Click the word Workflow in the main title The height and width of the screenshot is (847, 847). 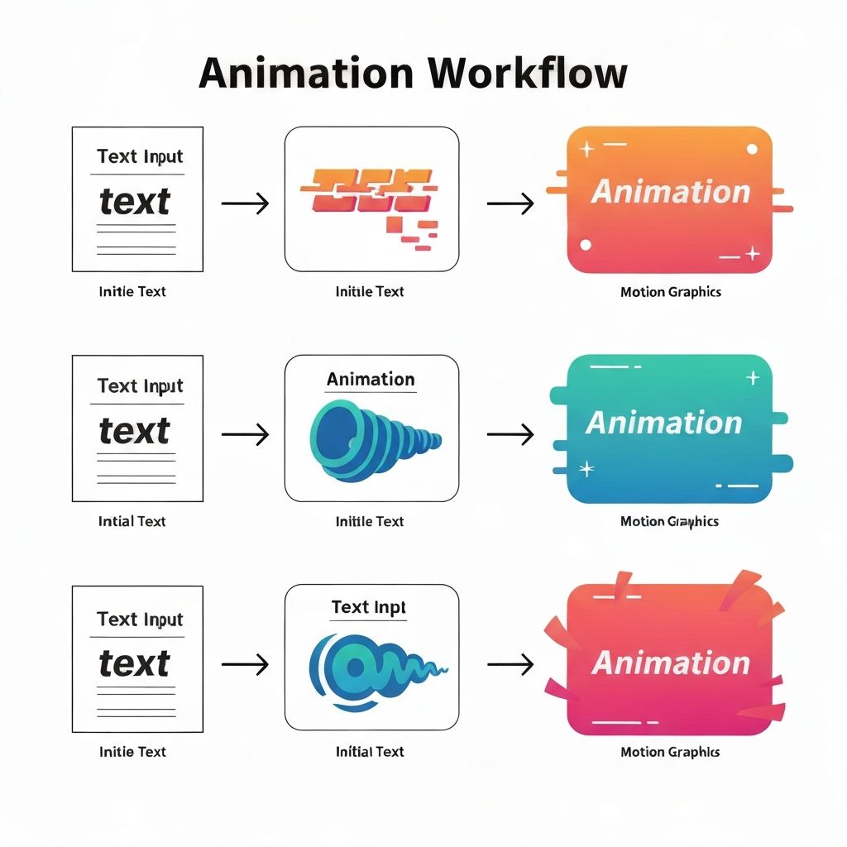pyautogui.click(x=528, y=74)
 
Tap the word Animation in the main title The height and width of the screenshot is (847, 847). pyautogui.click(x=306, y=74)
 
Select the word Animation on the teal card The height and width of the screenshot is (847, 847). pyautogui.click(x=664, y=423)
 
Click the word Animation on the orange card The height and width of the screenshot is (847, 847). pyautogui.click(x=671, y=192)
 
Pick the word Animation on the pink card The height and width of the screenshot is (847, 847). pyautogui.click(x=671, y=663)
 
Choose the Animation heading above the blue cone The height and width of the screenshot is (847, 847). pyautogui.click(x=371, y=380)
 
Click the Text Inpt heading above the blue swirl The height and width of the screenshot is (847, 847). pyautogui.click(x=369, y=608)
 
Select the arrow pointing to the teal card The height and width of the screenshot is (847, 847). pyautogui.click(x=510, y=433)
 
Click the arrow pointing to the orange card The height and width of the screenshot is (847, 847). pyautogui.click(x=510, y=203)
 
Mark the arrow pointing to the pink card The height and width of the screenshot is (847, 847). pyautogui.click(x=510, y=663)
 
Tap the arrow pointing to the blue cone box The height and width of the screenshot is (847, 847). pyautogui.click(x=246, y=433)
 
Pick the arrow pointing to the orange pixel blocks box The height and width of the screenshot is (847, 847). pyautogui.click(x=246, y=203)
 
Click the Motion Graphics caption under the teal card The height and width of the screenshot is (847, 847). pyautogui.click(x=669, y=521)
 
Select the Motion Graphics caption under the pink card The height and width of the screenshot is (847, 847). pyautogui.click(x=670, y=752)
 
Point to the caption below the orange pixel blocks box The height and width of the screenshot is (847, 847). pyautogui.click(x=370, y=291)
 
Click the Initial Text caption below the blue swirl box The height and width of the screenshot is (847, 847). pyautogui.click(x=370, y=752)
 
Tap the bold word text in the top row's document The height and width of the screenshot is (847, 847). pyautogui.click(x=135, y=202)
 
